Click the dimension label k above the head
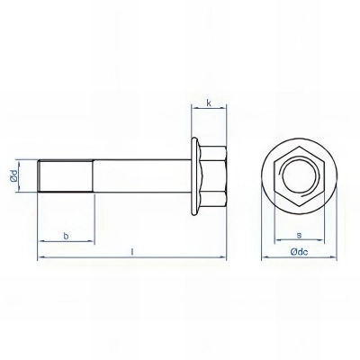tap(209, 104)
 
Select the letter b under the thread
tap(66, 235)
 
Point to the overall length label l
tap(132, 252)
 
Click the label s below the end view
tap(297, 235)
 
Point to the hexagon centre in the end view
tap(297, 174)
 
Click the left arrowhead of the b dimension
tap(40, 242)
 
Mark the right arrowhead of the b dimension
tap(91, 242)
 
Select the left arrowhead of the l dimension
tap(40, 259)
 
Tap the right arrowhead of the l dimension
tap(225, 259)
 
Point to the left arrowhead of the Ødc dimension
tap(263, 260)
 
